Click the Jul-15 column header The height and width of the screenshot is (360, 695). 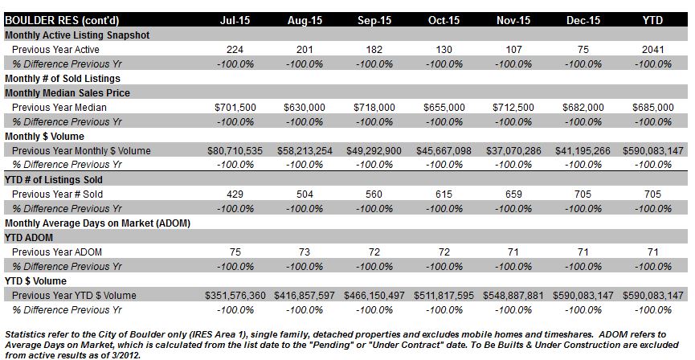[235, 20]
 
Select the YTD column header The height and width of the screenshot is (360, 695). [653, 20]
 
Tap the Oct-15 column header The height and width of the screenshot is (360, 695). [444, 20]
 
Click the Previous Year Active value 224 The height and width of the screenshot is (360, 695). [235, 50]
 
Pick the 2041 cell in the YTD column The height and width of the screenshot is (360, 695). [653, 50]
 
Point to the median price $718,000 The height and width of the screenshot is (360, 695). [374, 108]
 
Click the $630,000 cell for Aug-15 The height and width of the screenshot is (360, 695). [305, 108]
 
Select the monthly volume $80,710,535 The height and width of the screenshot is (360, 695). [235, 151]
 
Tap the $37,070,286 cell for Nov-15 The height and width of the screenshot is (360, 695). [513, 151]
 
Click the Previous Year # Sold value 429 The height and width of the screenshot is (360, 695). [235, 194]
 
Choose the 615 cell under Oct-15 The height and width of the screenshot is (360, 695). [444, 194]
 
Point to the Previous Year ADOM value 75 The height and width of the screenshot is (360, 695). [235, 252]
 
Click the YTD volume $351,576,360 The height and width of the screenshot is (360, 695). [235, 296]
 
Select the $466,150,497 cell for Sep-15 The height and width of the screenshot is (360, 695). [374, 296]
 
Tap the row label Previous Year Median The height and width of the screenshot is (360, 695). [59, 108]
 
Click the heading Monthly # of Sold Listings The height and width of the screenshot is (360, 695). [63, 79]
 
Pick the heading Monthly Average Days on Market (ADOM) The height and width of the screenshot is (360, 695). [97, 223]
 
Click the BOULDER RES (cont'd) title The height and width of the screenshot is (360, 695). [62, 21]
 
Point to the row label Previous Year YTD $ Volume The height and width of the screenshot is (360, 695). [74, 296]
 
